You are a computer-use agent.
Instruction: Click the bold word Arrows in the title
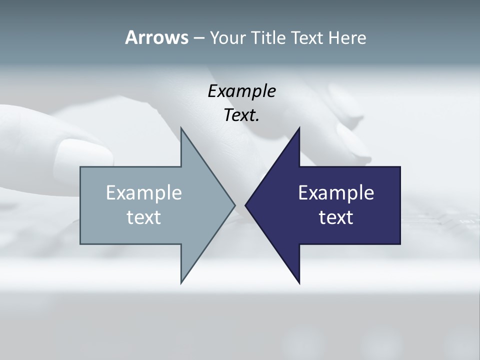click(x=156, y=37)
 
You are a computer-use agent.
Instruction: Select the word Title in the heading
click(x=268, y=37)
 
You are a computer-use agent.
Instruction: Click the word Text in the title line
click(x=308, y=37)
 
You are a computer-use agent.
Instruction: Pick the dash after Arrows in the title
click(x=198, y=38)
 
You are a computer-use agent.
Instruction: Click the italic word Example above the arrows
click(x=242, y=91)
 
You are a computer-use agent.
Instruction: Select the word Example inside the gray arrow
click(x=144, y=192)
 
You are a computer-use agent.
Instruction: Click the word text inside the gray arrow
click(x=144, y=217)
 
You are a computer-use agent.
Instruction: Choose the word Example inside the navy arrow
click(x=336, y=192)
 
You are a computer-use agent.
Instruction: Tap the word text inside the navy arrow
click(x=336, y=217)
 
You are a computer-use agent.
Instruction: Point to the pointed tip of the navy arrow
click(x=246, y=205)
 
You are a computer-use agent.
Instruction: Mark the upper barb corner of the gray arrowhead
click(x=181, y=128)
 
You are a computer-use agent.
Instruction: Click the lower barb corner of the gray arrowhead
click(x=181, y=282)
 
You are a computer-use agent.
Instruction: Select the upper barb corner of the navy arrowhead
click(x=299, y=128)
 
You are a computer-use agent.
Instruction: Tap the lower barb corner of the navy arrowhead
click(x=299, y=282)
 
